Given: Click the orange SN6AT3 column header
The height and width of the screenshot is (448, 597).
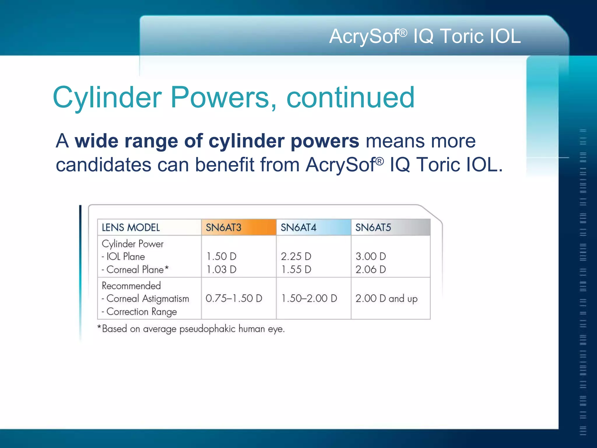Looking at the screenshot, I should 238,227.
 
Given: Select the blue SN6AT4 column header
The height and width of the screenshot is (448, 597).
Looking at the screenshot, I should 313,227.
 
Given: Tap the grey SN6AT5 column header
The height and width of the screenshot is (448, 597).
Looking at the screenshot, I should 390,227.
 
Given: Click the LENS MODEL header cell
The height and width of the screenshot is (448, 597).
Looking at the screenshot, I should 131,228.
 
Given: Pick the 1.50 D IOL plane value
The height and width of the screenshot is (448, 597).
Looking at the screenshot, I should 221,256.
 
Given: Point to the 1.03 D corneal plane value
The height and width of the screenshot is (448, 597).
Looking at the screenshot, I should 221,269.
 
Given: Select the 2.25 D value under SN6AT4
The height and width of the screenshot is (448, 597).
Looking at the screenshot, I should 296,256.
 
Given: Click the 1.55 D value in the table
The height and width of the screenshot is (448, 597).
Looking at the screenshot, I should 296,269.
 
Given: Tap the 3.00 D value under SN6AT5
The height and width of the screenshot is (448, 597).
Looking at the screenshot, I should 371,256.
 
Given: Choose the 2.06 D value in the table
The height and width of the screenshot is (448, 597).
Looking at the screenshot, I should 371,269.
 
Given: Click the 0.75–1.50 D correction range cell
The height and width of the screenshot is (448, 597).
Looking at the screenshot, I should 234,298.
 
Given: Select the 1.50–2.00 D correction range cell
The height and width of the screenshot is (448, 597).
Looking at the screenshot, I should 309,298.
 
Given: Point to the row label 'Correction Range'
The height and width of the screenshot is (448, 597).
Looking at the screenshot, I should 141,311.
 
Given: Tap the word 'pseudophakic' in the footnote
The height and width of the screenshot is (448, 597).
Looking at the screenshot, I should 207,329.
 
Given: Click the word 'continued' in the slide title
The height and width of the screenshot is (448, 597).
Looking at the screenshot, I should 350,97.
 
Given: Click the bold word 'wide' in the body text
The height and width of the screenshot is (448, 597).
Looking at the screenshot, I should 97,141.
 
